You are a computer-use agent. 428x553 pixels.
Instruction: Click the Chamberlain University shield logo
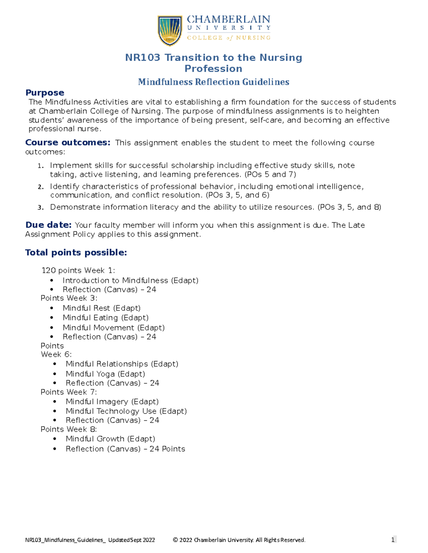[170, 31]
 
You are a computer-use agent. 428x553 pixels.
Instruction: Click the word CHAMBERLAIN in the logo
[229, 19]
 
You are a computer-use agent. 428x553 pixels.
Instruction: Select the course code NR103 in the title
[142, 58]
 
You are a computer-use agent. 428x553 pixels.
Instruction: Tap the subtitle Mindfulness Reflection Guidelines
[214, 82]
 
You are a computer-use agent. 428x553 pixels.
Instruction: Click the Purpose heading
[45, 93]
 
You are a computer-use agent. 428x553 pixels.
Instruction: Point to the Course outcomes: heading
[68, 142]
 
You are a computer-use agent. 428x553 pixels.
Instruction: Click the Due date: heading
[49, 225]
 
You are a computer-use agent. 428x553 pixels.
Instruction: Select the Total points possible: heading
[76, 252]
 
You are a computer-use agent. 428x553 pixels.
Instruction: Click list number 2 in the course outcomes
[41, 187]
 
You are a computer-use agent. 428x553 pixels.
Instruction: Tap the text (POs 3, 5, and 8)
[349, 207]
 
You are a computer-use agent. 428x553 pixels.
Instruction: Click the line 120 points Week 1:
[78, 270]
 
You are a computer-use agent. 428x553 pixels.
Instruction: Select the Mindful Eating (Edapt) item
[106, 318]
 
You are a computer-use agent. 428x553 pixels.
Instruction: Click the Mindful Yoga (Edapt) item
[105, 374]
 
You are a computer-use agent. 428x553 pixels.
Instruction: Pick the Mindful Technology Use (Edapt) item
[126, 411]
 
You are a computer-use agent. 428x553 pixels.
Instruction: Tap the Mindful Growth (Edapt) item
[110, 439]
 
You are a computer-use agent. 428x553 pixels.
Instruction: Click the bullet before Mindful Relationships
[55, 364]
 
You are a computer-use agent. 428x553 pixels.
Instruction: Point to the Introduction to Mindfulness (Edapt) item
[131, 281]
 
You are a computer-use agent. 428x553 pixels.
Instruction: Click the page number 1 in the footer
[393, 540]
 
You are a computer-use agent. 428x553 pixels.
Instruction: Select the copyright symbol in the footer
[175, 540]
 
